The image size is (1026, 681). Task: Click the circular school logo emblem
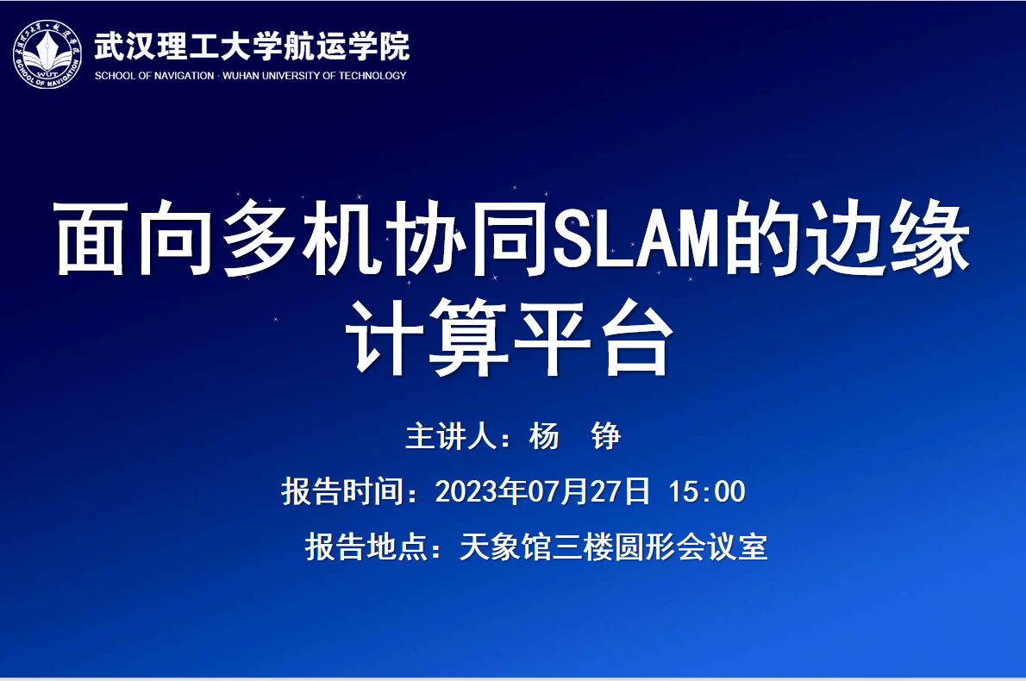(x=47, y=54)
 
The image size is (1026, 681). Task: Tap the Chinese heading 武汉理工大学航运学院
(x=252, y=46)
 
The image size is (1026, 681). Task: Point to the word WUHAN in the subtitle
(x=241, y=76)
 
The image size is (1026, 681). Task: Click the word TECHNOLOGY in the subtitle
(x=372, y=76)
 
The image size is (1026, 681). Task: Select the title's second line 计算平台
(x=510, y=338)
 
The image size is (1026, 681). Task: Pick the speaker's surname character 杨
(x=544, y=436)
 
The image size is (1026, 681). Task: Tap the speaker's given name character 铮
(x=605, y=436)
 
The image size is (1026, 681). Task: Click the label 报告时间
(x=342, y=491)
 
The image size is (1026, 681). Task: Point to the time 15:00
(x=707, y=491)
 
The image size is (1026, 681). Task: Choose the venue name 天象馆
(x=505, y=547)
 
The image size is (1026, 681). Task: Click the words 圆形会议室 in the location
(x=691, y=547)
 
